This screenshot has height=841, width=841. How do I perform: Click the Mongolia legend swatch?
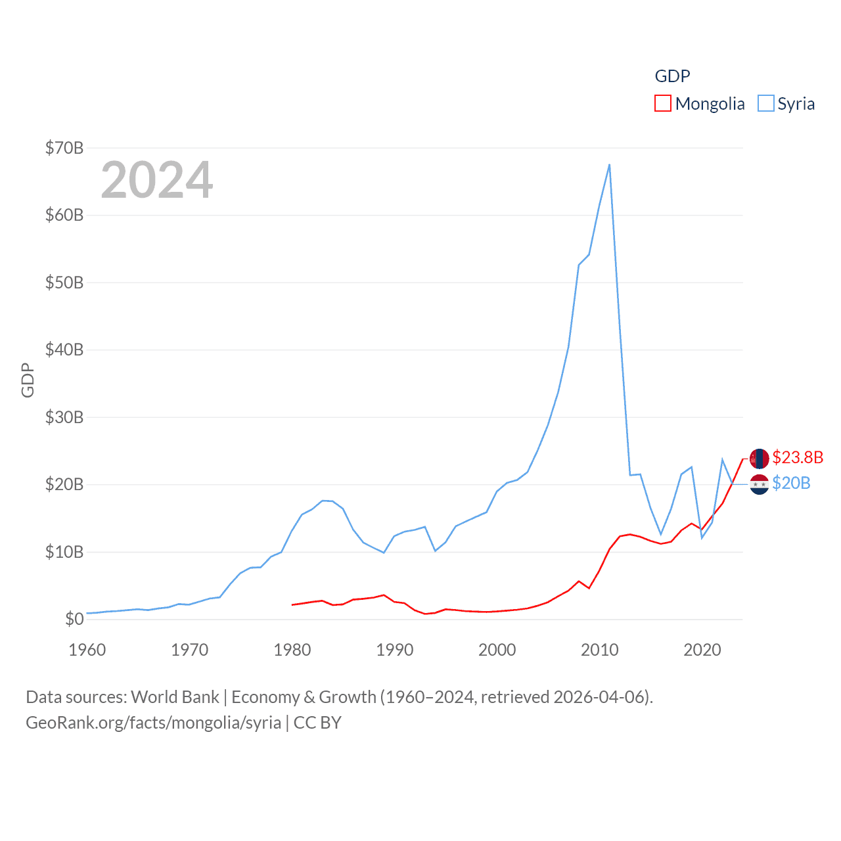663,104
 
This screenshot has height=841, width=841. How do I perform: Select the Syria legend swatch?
766,104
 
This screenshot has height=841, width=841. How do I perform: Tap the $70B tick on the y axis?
64,148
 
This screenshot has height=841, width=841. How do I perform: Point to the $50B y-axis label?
64,283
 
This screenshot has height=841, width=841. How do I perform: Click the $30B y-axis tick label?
64,417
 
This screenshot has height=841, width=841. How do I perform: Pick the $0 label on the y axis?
74,619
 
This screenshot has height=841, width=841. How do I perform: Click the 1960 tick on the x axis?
87,650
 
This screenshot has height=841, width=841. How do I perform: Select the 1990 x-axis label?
395,650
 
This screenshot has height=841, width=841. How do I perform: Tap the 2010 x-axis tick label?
600,650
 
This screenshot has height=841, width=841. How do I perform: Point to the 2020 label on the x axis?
702,650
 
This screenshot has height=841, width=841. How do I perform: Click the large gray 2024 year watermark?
157,180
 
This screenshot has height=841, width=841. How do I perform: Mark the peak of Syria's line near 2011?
609,165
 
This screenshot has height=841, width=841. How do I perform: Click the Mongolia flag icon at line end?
760,459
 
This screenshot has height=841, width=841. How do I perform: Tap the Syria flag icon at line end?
760,484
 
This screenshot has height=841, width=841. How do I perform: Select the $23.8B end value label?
798,457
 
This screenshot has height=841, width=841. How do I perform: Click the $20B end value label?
791,483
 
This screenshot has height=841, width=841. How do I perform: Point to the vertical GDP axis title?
28,380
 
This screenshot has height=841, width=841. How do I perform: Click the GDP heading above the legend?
672,76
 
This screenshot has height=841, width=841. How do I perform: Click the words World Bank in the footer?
175,696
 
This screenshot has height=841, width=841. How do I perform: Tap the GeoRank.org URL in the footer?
153,723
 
